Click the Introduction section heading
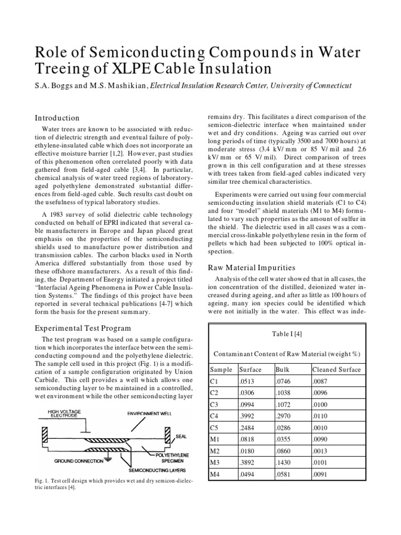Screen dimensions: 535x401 coord(57,118)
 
